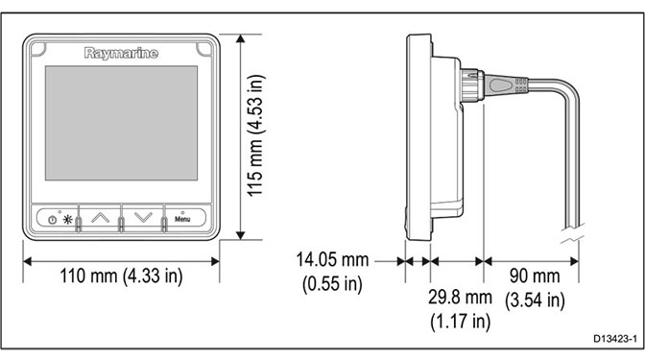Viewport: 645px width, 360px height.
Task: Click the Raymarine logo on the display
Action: point(121,53)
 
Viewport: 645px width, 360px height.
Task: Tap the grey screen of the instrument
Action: point(121,123)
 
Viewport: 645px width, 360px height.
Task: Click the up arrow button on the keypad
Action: point(100,217)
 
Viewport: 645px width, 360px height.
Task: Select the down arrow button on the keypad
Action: point(143,217)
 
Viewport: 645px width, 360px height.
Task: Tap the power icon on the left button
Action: point(52,220)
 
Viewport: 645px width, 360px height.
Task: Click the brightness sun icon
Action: point(67,219)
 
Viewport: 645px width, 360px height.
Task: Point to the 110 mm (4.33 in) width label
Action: point(121,276)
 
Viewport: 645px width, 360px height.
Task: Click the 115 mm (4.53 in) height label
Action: point(255,135)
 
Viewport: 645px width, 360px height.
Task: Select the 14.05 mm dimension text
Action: point(332,259)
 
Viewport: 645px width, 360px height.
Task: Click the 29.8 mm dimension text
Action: point(460,297)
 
